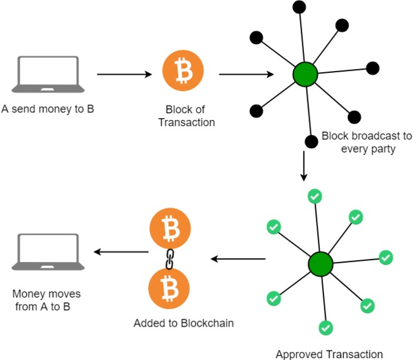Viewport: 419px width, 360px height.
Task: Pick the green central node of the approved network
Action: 320,264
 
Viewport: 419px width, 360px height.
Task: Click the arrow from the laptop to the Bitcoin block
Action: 124,74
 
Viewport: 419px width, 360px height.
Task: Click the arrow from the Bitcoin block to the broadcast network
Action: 246,74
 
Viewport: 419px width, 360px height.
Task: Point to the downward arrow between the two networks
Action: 304,166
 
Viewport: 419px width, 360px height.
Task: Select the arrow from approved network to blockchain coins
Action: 237,258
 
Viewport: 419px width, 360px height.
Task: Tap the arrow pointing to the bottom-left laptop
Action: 121,253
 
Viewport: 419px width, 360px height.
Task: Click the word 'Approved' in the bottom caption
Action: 297,354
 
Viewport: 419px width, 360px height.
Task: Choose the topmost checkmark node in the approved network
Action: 315,197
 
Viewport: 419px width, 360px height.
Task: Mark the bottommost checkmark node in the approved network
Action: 325,327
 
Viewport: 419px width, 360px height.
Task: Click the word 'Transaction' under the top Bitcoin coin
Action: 187,122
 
